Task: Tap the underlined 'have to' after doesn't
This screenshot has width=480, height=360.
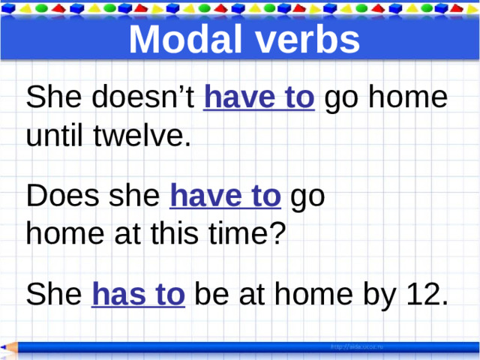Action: tap(259, 99)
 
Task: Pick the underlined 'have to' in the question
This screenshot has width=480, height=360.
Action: tap(226, 198)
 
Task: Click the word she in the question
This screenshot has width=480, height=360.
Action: tap(136, 198)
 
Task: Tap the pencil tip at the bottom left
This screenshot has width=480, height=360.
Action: tap(4, 347)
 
